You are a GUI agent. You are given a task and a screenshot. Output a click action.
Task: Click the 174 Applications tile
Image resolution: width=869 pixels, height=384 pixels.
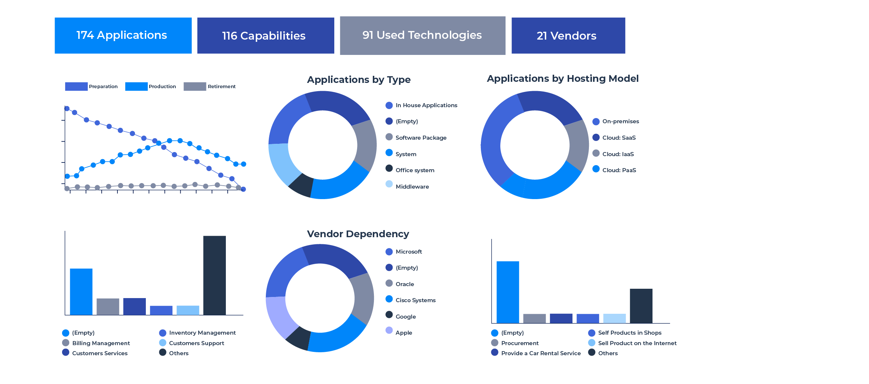pos(123,35)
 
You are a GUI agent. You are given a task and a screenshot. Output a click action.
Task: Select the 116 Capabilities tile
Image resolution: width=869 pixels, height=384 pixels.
pos(265,35)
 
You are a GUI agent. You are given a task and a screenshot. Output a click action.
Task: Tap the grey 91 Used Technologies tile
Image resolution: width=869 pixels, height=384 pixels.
pos(423,35)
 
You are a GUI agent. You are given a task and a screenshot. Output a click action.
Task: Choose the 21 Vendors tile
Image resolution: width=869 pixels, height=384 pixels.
pos(568,35)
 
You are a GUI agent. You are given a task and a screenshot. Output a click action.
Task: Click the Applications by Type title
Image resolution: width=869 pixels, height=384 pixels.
pos(359,80)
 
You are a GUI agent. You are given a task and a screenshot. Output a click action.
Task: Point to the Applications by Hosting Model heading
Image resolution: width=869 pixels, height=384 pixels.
pos(562,78)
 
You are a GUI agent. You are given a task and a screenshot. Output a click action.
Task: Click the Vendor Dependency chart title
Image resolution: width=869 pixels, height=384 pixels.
pos(358,234)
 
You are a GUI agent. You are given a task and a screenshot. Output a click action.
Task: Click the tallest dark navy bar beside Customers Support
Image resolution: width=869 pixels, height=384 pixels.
pos(214,275)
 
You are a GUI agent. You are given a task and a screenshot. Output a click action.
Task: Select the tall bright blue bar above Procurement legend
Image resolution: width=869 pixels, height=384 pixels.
pos(507,292)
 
